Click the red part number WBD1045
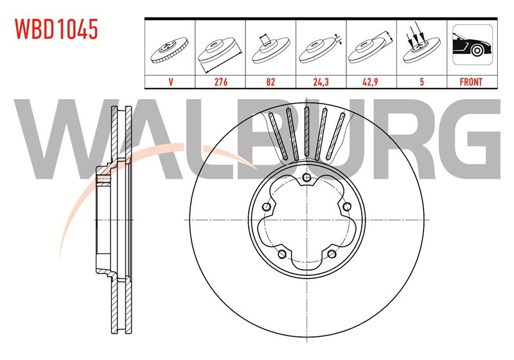[x=57, y=29]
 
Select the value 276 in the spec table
[x=220, y=82]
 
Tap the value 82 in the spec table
[x=270, y=82]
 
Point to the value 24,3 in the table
[x=321, y=82]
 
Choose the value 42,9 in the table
[x=371, y=82]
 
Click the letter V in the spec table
[x=170, y=82]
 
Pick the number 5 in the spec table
[x=421, y=82]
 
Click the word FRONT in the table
[x=471, y=82]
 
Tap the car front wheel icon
[x=472, y=44]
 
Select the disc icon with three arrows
[x=421, y=44]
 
